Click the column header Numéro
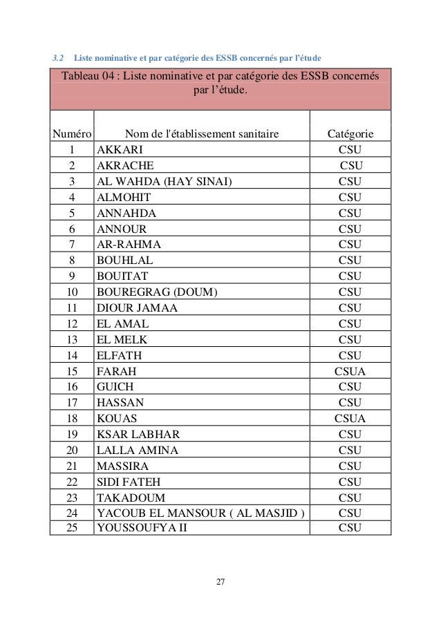(x=71, y=133)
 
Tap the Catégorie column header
(x=350, y=133)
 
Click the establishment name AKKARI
(x=117, y=149)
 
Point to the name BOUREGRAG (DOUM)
(x=157, y=292)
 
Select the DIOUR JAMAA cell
(x=138, y=308)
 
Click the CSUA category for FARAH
(x=350, y=371)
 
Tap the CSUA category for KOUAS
(x=350, y=418)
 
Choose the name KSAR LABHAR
(x=139, y=434)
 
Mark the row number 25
(x=71, y=529)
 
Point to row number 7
(x=71, y=244)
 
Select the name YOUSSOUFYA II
(x=142, y=529)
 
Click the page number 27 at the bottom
(x=220, y=580)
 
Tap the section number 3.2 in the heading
(x=59, y=55)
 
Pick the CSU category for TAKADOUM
(x=350, y=498)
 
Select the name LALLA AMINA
(x=138, y=450)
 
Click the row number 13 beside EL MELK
(x=71, y=339)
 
